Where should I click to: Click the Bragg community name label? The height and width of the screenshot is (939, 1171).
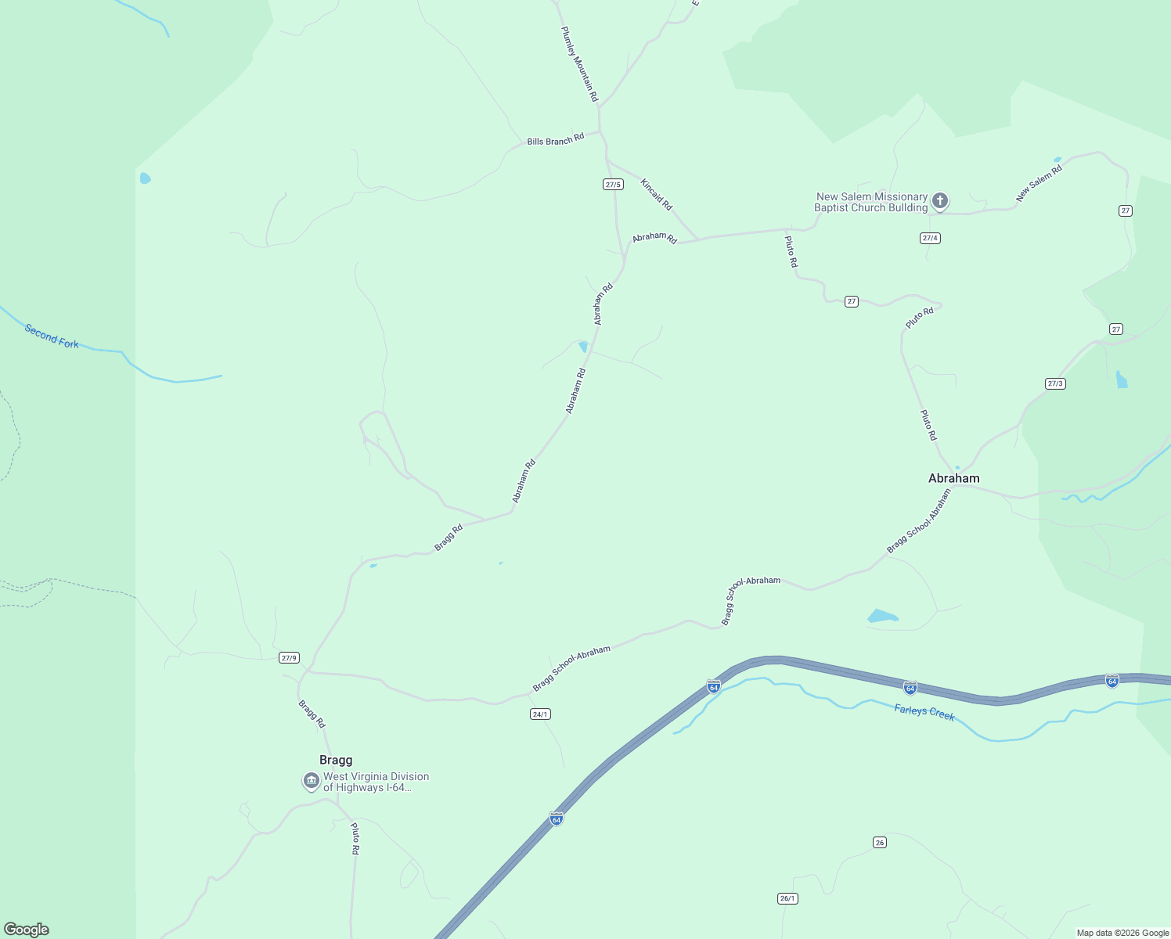click(x=336, y=760)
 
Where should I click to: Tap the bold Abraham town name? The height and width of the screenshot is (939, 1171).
click(x=953, y=478)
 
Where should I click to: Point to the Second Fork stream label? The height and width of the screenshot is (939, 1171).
click(x=52, y=336)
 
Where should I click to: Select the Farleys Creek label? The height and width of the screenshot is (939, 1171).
click(x=924, y=713)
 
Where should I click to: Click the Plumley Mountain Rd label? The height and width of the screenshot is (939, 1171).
click(x=579, y=64)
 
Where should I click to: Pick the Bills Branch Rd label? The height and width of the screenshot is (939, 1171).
click(x=555, y=140)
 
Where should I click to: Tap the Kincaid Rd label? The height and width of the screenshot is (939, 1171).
click(x=656, y=195)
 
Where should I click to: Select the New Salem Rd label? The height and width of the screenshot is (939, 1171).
click(x=1039, y=184)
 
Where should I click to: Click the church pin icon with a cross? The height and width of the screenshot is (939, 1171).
click(x=940, y=201)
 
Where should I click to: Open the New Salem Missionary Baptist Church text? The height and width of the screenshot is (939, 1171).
click(x=870, y=202)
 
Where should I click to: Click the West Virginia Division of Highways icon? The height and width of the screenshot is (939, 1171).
click(x=312, y=781)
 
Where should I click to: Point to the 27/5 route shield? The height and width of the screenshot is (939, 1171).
click(x=613, y=185)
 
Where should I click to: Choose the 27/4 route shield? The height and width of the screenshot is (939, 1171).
click(x=930, y=238)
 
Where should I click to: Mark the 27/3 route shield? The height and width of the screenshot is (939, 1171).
click(x=1055, y=383)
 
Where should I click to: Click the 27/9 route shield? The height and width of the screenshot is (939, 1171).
click(x=289, y=658)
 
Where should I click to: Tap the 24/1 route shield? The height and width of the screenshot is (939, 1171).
click(x=540, y=714)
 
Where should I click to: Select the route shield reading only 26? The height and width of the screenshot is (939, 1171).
click(x=880, y=842)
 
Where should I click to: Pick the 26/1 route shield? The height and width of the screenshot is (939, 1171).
click(x=787, y=898)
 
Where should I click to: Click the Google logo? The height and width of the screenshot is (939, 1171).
click(x=27, y=930)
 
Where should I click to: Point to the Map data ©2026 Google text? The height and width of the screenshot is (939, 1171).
click(x=1122, y=933)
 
